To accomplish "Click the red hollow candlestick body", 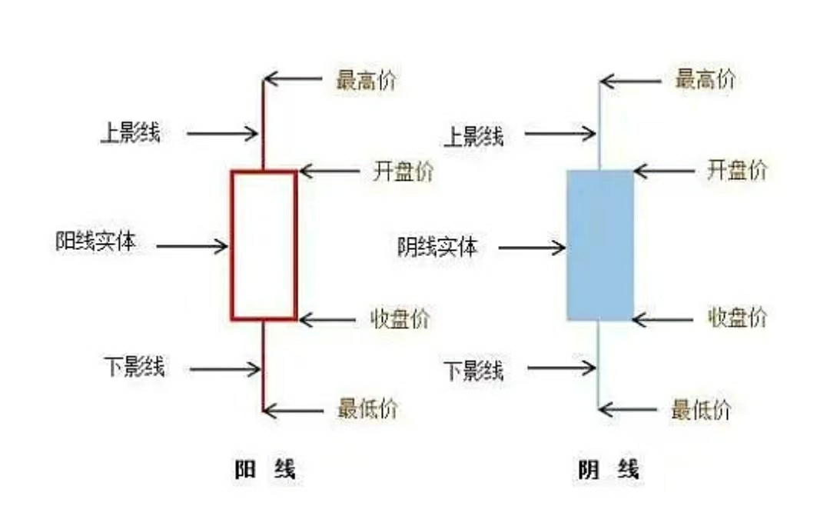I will tap(264, 245).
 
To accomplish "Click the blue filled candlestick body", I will tap(600, 245).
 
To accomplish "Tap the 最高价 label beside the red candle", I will tap(366, 79).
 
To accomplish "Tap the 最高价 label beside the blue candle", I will tap(705, 79).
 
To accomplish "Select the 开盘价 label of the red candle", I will tap(403, 171).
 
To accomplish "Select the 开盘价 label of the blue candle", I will tap(736, 171).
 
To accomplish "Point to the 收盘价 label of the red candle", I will tap(400, 318).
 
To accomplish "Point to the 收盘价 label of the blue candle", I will tap(736, 317).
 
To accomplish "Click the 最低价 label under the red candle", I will tap(367, 409).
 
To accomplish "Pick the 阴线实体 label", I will tap(437, 247).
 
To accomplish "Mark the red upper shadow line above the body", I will tap(264, 123).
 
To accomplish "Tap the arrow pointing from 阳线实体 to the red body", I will tap(192, 246).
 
